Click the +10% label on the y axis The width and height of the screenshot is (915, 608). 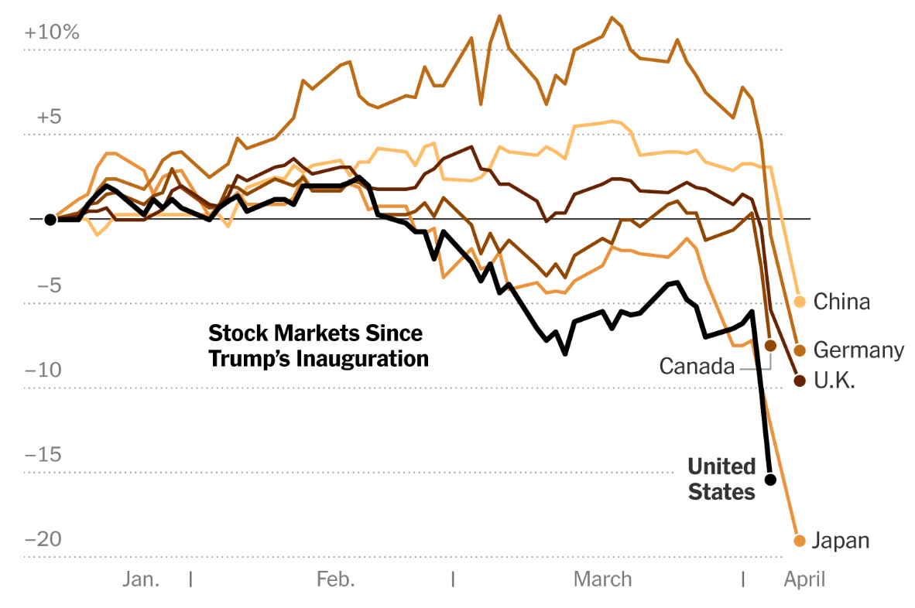(x=52, y=32)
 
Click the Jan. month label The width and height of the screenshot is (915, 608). (x=141, y=579)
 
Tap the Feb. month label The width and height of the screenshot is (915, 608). (x=336, y=579)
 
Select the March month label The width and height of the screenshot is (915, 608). (x=602, y=579)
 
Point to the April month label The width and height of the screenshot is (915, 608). (x=805, y=579)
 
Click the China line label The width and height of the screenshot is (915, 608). (x=841, y=302)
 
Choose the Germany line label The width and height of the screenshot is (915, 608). (x=858, y=350)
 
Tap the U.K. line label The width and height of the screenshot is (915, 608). (x=834, y=381)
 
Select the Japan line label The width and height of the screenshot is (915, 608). (x=841, y=541)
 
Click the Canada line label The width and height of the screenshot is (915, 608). (x=697, y=366)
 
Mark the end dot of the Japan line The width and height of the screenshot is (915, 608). (x=800, y=540)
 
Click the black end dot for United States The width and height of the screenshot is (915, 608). (x=770, y=480)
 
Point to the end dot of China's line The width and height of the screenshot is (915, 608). (x=800, y=302)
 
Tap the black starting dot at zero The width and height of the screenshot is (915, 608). (x=50, y=220)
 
